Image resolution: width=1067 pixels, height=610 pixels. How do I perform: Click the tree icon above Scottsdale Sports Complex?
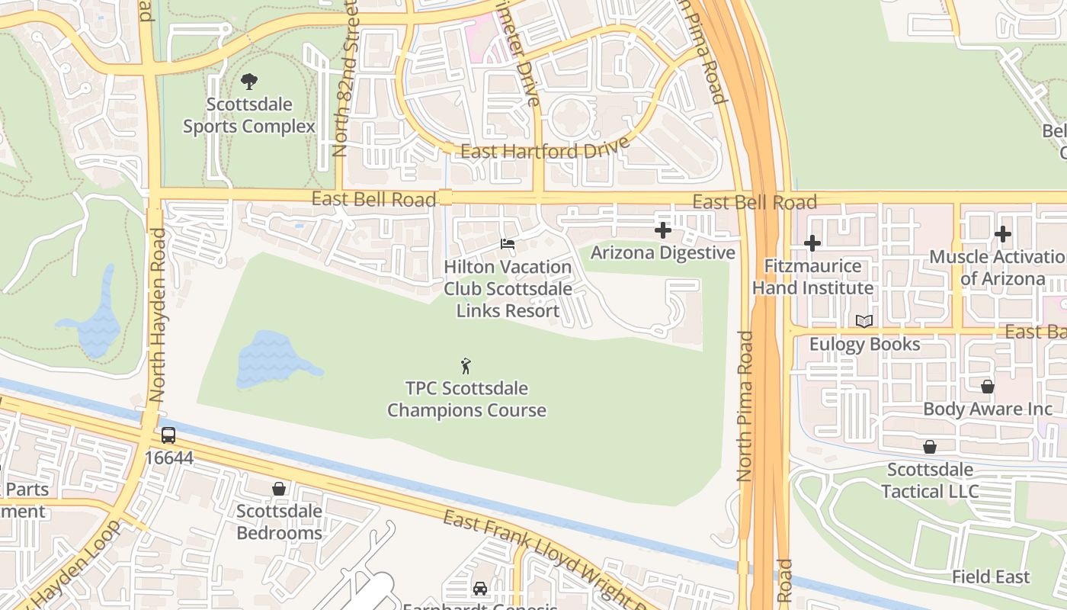point(248,81)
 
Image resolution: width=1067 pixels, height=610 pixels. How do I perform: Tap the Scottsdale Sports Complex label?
point(248,115)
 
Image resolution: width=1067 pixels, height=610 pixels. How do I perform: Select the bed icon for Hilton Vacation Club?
point(508,245)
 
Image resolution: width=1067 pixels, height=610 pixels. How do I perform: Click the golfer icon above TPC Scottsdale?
point(466,366)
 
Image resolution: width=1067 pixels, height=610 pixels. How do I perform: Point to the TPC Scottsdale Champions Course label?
point(466,400)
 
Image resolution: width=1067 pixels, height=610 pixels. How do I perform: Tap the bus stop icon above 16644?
point(168,435)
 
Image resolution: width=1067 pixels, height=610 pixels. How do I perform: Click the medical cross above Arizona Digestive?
point(663,230)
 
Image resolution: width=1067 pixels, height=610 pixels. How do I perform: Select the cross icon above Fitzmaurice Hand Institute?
point(812,244)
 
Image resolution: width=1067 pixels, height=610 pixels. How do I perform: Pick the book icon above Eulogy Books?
point(864,322)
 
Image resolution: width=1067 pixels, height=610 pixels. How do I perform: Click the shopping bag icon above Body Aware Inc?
point(988,387)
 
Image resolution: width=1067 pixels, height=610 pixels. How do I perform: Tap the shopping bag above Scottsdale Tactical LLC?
point(930,447)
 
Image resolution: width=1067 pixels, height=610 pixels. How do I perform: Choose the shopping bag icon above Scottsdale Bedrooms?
point(279,489)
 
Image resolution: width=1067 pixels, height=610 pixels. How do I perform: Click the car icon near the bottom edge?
point(480,588)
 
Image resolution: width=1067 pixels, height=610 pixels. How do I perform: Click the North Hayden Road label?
point(158,305)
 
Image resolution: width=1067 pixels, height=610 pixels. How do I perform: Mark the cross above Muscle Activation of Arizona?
point(1003,234)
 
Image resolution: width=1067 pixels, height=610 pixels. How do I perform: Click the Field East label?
point(991,577)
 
